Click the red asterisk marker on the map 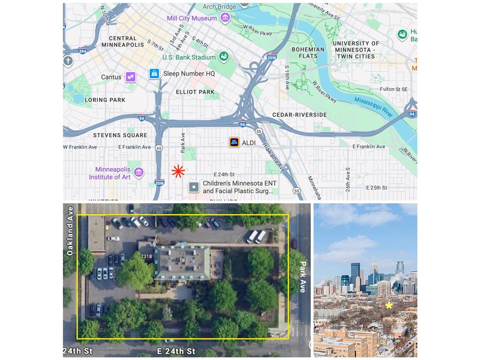click(178, 172)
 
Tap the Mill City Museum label click(192, 18)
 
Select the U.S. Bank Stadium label click(189, 57)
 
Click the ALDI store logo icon click(234, 142)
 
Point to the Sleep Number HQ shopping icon click(154, 74)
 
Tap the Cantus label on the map click(111, 77)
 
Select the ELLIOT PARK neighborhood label click(195, 92)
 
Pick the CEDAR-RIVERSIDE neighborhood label click(300, 115)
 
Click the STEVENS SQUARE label click(120, 135)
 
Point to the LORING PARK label click(105, 100)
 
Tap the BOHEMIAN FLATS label click(308, 52)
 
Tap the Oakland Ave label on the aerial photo click(70, 231)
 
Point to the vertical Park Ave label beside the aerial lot click(303, 277)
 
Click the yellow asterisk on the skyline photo click(389, 306)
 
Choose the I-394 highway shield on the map click(82, 51)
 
